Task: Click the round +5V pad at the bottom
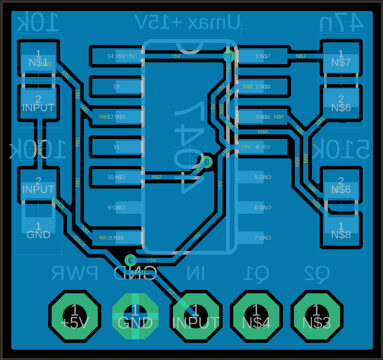[x=74, y=317]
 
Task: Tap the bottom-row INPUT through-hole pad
[x=196, y=317]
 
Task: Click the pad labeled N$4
[x=256, y=317]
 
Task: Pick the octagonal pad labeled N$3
[x=316, y=317]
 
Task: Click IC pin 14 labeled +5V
[x=117, y=56]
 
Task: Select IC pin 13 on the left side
[x=117, y=86]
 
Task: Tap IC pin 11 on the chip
[x=117, y=147]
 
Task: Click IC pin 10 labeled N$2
[x=117, y=177]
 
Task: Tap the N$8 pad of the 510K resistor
[x=341, y=230]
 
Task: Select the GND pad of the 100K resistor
[x=38, y=230]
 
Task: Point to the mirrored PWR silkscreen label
[x=74, y=272]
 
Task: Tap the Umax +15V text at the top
[x=187, y=22]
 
